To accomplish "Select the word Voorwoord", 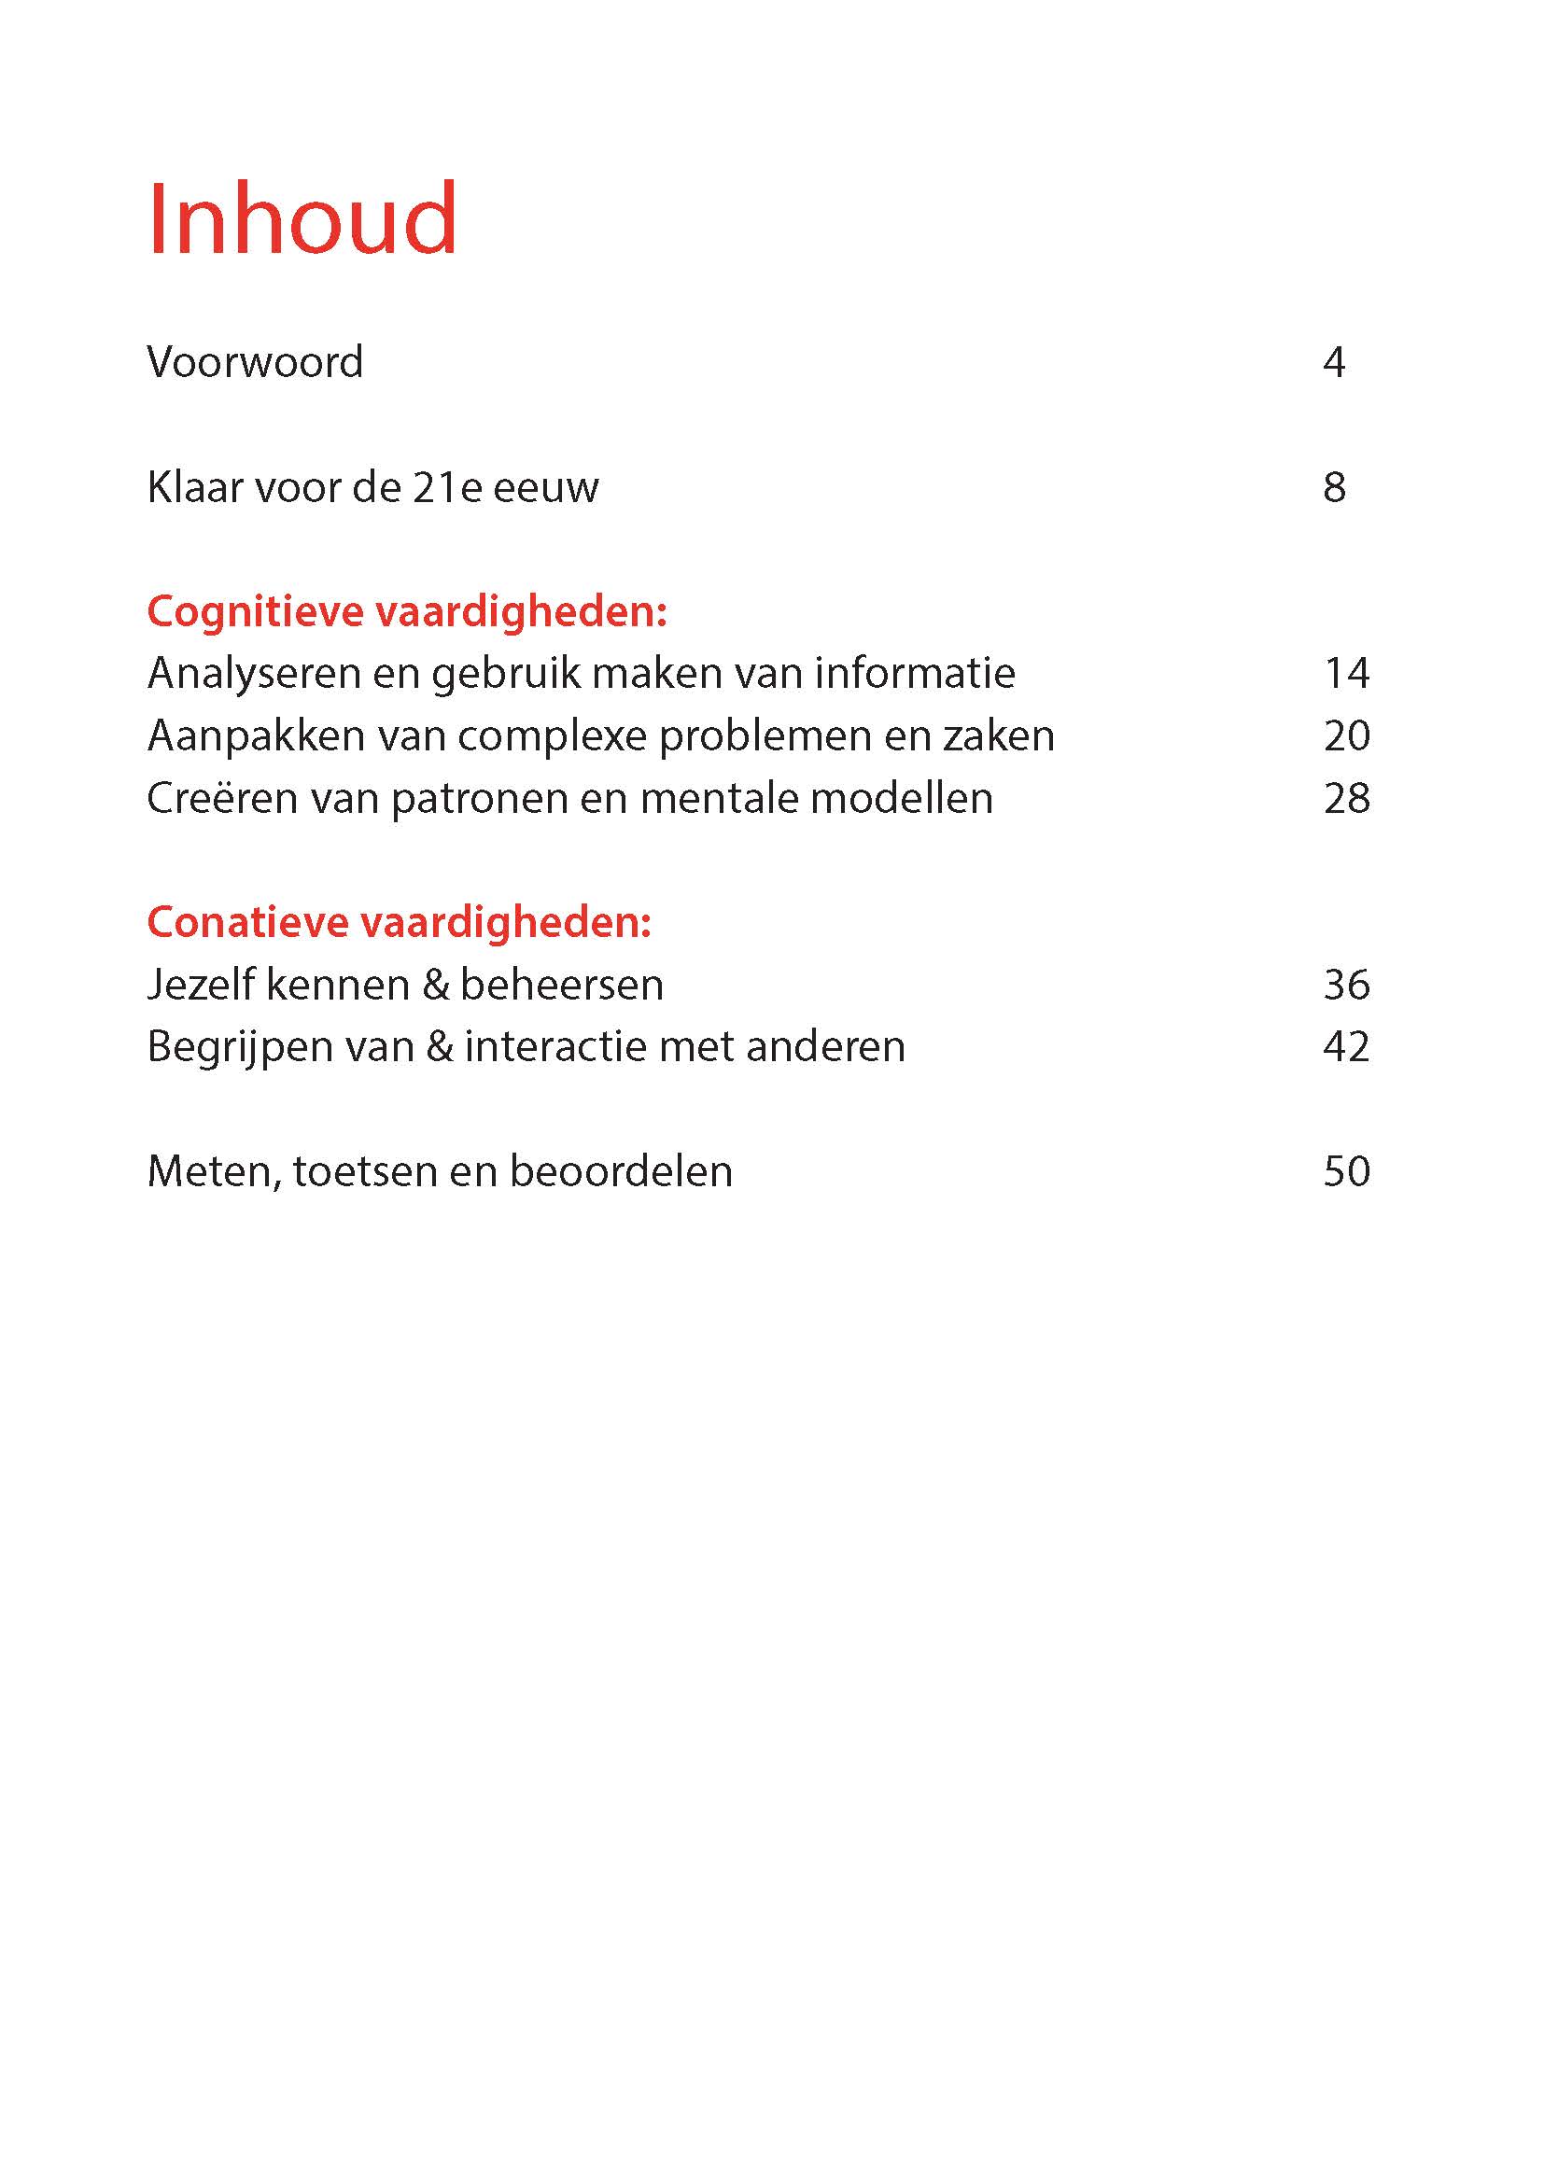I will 255,362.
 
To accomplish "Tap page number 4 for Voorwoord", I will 1334,362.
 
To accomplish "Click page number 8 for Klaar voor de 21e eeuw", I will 1334,488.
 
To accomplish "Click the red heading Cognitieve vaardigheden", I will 407,611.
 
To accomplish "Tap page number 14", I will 1346,674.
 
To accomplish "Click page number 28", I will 1346,799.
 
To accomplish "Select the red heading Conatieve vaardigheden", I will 400,923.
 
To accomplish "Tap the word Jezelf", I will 200,985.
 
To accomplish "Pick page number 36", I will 1346,985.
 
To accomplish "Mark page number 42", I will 1346,1048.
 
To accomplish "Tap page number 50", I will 1346,1172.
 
